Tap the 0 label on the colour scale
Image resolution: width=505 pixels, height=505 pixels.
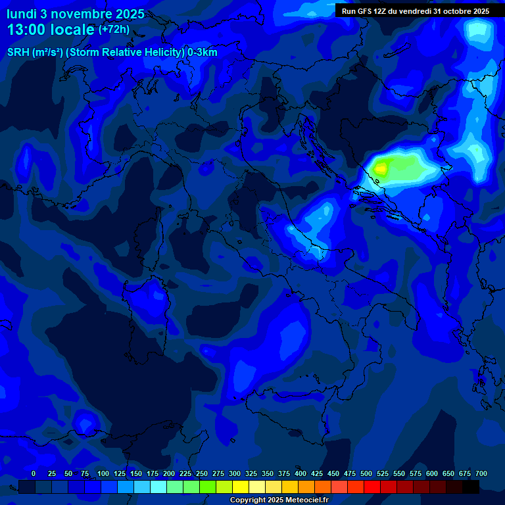point(34,473)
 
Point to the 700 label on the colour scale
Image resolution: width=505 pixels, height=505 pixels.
point(481,473)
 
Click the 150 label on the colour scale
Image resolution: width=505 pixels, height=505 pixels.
point(136,473)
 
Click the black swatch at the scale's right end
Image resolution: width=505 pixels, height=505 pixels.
point(471,487)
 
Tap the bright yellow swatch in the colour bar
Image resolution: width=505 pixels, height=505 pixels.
point(241,487)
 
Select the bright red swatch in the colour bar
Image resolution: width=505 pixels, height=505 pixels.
point(372,487)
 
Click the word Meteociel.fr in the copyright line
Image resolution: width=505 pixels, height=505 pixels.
point(306,500)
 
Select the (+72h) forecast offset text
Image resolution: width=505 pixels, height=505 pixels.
point(114,30)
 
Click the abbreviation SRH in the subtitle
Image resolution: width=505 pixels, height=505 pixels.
point(18,53)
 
